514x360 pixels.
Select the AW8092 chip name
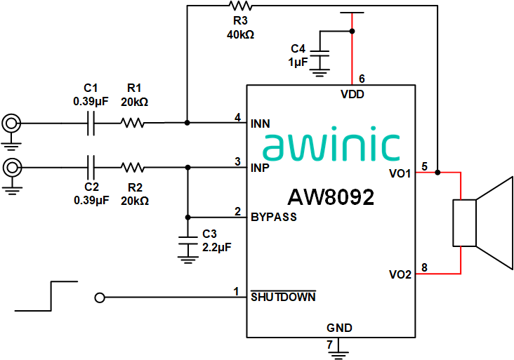330,197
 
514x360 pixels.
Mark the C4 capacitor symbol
321,53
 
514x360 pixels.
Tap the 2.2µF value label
216,247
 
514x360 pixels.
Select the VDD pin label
352,94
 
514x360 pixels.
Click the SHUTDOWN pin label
283,297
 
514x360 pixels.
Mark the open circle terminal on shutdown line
100,298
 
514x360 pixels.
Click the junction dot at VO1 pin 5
437,172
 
